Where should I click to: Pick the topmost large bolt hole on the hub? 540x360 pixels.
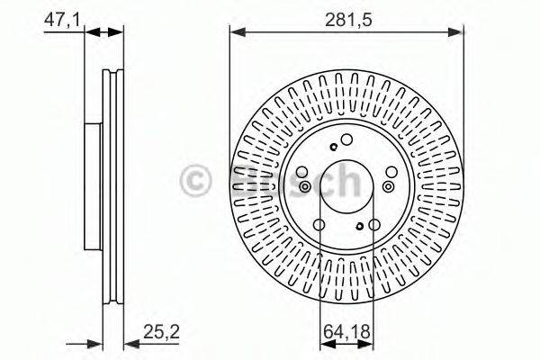(x=347, y=139)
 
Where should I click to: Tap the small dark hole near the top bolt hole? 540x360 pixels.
(x=334, y=148)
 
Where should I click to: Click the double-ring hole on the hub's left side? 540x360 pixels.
(x=305, y=187)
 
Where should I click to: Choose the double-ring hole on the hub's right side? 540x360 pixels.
(x=389, y=186)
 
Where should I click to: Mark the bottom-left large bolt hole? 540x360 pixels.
(x=320, y=225)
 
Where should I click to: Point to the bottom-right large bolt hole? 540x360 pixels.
(x=374, y=225)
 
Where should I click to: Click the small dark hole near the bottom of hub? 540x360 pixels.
(x=359, y=227)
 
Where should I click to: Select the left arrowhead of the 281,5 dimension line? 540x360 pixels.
(x=237, y=31)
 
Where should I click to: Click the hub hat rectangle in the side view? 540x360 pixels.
(x=91, y=186)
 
